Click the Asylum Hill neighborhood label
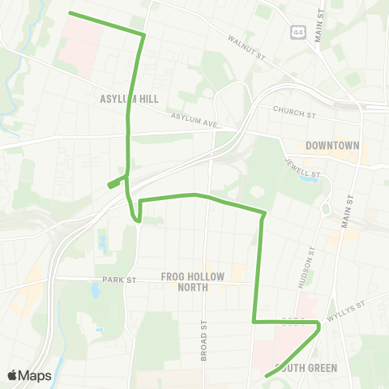click(x=129, y=99)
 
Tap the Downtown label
click(x=332, y=146)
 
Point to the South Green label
click(x=306, y=367)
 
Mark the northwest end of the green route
click(x=70, y=13)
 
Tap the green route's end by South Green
click(x=267, y=375)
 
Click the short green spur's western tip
click(x=109, y=186)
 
